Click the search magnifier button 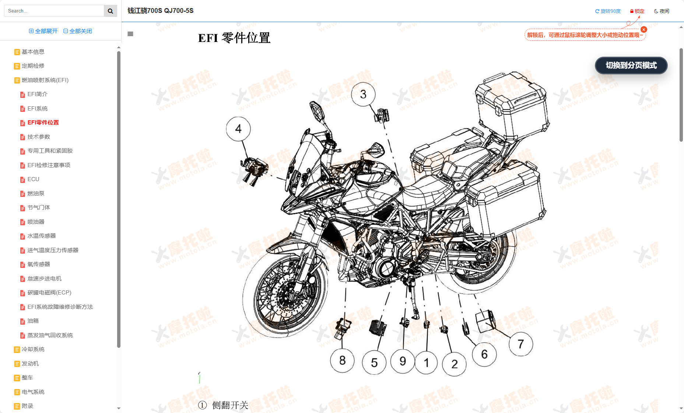point(110,11)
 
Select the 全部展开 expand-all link point(43,31)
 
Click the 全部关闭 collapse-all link point(78,31)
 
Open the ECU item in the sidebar point(33,179)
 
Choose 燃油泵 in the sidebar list point(36,193)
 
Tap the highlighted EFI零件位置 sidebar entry point(43,123)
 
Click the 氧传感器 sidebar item point(39,264)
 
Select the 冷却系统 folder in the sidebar point(33,349)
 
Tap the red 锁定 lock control point(637,11)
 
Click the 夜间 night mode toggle point(662,11)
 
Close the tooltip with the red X point(644,29)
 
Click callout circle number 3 point(363,94)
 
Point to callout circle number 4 point(238,129)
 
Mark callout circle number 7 point(520,344)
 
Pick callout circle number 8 point(342,360)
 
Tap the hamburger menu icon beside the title point(130,34)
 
